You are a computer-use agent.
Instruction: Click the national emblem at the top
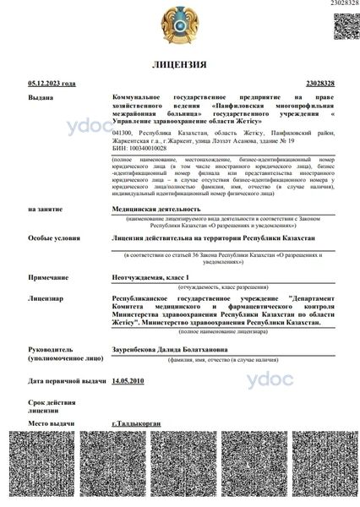178,25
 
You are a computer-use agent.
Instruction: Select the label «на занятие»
43,208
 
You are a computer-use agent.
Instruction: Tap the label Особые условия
51,238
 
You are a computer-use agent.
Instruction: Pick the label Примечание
46,276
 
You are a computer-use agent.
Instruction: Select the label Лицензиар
46,298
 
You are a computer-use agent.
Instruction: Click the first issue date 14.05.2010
128,381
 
